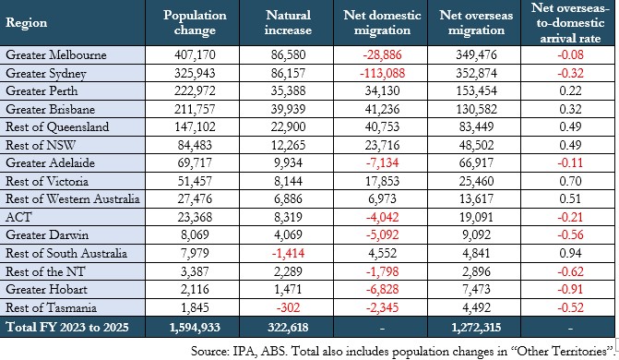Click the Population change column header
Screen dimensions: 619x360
click(x=195, y=22)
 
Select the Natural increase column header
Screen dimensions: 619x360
click(x=288, y=22)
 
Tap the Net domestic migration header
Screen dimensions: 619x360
click(x=382, y=22)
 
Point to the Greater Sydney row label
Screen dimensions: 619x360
click(x=46, y=74)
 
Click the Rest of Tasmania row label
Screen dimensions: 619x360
click(x=51, y=307)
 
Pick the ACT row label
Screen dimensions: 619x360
click(x=18, y=217)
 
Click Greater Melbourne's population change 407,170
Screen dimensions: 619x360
click(x=195, y=54)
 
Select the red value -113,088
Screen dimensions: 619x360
click(x=382, y=73)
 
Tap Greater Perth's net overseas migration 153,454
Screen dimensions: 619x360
click(x=476, y=90)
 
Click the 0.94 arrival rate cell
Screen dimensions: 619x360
click(x=570, y=253)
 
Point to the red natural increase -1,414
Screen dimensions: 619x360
click(x=288, y=253)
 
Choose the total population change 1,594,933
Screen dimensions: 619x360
click(x=195, y=327)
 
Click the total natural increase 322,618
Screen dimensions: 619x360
click(x=288, y=327)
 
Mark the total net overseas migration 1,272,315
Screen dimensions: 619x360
click(x=476, y=327)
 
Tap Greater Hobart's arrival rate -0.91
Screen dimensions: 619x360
click(x=570, y=289)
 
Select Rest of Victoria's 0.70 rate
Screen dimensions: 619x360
click(x=570, y=181)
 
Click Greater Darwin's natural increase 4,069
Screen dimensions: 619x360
click(x=288, y=234)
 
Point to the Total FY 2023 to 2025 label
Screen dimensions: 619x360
click(x=67, y=327)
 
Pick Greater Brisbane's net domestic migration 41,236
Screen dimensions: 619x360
click(x=382, y=109)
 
